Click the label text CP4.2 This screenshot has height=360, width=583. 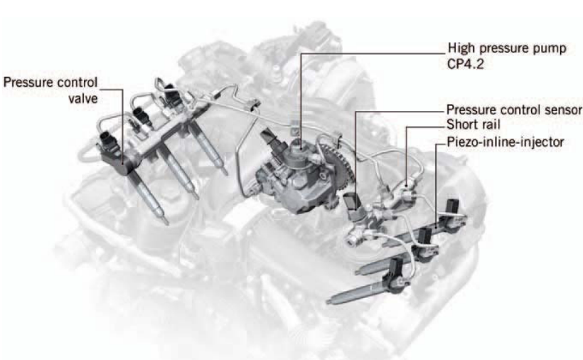466,64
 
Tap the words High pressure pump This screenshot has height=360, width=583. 507,48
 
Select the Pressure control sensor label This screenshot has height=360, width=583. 514,110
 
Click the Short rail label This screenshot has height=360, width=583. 474,125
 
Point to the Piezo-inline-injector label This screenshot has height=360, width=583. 506,142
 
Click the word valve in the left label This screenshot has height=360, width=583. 83,99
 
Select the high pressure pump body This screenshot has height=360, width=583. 294,175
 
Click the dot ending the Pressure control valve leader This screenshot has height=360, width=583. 123,163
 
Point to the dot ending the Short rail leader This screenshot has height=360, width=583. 407,184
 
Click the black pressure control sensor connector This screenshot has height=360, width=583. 351,203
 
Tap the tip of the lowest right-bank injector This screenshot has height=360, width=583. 328,301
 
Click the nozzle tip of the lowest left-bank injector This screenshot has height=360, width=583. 166,223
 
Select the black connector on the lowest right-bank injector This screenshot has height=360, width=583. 395,273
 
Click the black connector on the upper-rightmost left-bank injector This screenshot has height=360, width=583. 172,95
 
